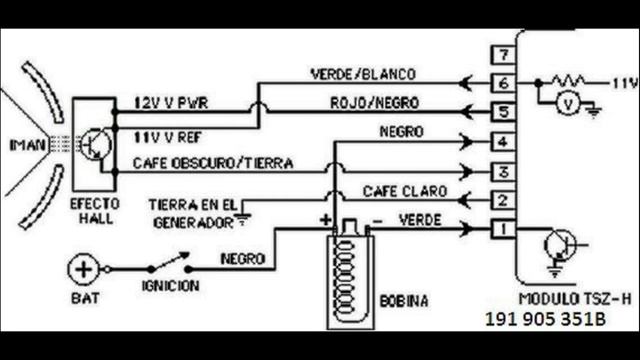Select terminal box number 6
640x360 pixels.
[x=506, y=83]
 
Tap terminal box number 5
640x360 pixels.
[x=506, y=112]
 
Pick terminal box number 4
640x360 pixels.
[x=506, y=142]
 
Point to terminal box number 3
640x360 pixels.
[x=506, y=172]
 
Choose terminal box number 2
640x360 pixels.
[x=506, y=201]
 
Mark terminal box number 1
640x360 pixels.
[x=506, y=231]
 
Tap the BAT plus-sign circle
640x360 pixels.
[x=83, y=269]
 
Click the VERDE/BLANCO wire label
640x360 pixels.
[x=363, y=74]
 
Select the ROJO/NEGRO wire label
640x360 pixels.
[x=373, y=102]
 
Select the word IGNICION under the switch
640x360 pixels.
[x=170, y=286]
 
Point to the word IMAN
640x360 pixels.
[x=26, y=145]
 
